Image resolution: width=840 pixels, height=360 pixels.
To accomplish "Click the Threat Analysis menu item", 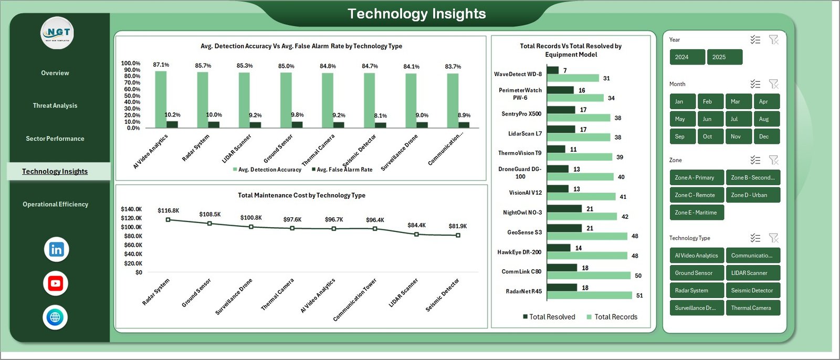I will pos(55,105).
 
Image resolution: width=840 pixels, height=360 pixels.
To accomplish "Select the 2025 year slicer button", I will pos(724,57).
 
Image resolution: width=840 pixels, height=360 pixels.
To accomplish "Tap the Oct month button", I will pos(707,136).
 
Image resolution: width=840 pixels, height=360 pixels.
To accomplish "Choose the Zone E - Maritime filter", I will pos(696,213).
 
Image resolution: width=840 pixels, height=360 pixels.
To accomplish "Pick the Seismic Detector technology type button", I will pos(752,290).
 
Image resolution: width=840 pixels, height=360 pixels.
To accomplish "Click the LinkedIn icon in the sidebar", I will pos(56,249).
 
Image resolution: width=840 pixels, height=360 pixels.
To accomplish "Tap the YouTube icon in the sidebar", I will pos(55,283).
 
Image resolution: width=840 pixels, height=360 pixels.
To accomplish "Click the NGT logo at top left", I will pos(57,33).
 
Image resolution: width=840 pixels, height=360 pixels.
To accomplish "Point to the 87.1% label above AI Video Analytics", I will pos(161,65).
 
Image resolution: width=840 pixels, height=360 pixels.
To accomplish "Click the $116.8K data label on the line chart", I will pos(168,210).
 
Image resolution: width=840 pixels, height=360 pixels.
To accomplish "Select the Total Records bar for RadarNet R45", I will pos(590,295).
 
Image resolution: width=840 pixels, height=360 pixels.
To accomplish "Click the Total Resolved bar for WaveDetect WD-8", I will pos(552,70).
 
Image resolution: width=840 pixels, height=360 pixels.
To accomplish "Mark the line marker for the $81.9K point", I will pos(458,235).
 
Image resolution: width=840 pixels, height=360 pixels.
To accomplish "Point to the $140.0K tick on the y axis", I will pos(131,209).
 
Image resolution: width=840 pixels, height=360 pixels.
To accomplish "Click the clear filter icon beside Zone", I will pos(773,160).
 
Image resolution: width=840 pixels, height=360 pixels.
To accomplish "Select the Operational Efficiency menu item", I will pos(55,204).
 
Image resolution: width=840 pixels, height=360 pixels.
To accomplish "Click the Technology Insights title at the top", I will pos(417,14).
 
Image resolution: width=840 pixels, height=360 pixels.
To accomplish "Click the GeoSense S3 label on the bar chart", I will pos(524,232).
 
